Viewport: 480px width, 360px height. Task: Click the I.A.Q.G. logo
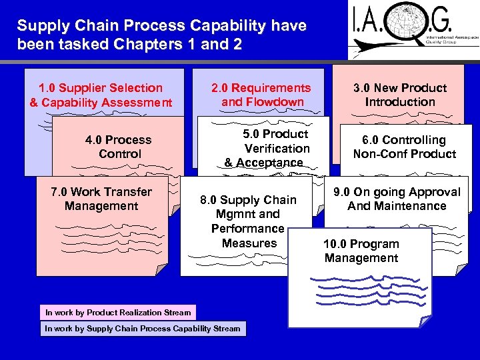coord(413,30)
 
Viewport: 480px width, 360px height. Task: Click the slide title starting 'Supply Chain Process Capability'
coord(161,35)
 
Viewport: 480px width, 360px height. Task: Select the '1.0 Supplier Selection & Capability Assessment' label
coord(101,95)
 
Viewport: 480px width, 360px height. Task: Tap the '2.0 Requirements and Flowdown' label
coord(261,95)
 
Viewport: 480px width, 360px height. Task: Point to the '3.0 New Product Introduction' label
coord(400,95)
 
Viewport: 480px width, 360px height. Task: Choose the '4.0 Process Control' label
coord(119,147)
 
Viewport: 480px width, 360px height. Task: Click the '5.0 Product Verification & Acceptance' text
coord(267,148)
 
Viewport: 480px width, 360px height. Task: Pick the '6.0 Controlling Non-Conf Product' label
coord(404,147)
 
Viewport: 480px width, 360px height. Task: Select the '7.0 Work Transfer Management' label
coord(101,199)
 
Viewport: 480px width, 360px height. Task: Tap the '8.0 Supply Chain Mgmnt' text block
coord(249,221)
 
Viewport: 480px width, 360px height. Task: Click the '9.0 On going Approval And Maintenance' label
coord(397,199)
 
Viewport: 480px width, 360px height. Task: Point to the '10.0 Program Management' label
coord(361,251)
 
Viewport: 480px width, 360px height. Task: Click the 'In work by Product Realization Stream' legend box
coord(117,312)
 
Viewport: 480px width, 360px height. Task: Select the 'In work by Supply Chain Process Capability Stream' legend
coord(142,329)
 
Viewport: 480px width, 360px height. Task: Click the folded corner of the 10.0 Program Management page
coord(423,322)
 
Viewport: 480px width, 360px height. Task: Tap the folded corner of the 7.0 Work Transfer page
coord(161,269)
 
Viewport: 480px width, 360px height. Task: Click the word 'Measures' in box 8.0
coord(249,243)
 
